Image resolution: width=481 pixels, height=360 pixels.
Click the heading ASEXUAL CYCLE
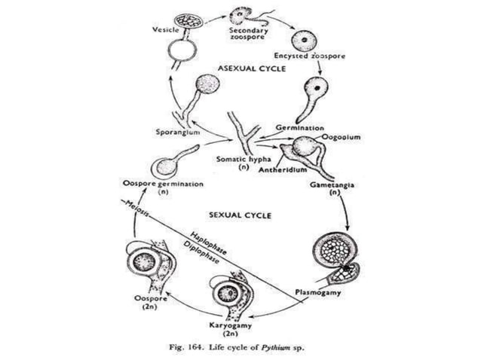pos(249,68)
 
